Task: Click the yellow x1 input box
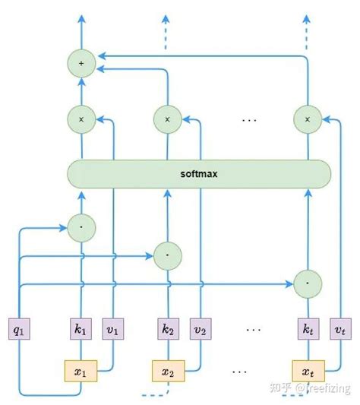click(x=81, y=372)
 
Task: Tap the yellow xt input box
click(x=307, y=372)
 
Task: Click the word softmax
click(x=200, y=175)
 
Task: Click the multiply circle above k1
click(x=81, y=119)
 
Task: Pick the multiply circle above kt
click(x=307, y=119)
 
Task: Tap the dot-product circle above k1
click(x=81, y=226)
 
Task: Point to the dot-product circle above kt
click(x=307, y=281)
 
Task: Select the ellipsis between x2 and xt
click(x=238, y=372)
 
